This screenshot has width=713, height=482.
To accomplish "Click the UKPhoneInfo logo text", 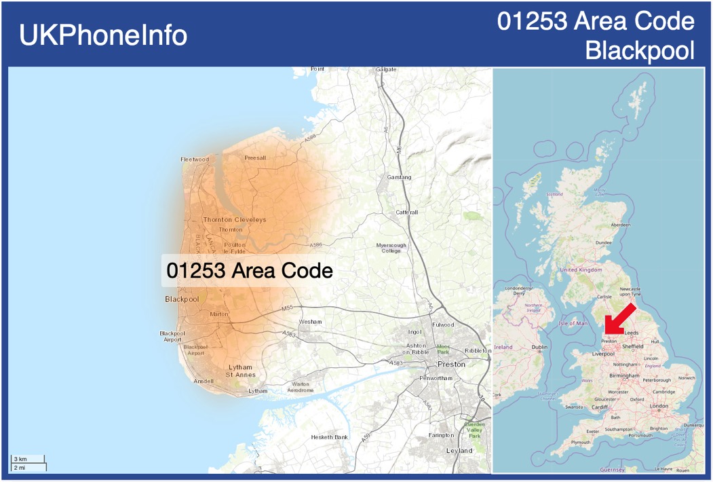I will pyautogui.click(x=103, y=35).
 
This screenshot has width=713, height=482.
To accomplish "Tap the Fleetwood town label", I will pyautogui.click(x=195, y=160).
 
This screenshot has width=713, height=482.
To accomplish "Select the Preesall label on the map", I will pyautogui.click(x=255, y=157).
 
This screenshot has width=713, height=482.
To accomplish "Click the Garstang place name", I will pyautogui.click(x=399, y=177).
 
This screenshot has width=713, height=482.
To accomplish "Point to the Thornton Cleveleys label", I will pyautogui.click(x=235, y=220).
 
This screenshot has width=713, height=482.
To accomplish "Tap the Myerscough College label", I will pyautogui.click(x=391, y=248).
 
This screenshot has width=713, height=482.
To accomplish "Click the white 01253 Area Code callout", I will pyautogui.click(x=250, y=271).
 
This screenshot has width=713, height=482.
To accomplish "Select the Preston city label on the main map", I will pyautogui.click(x=452, y=364).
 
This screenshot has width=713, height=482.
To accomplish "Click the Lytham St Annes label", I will pyautogui.click(x=240, y=371).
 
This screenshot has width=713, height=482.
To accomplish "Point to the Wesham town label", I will pyautogui.click(x=310, y=321).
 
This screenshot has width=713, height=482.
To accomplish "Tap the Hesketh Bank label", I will pyautogui.click(x=329, y=437).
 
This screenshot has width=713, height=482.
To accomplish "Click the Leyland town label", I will pyautogui.click(x=459, y=451).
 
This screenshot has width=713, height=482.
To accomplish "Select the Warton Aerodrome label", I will pyautogui.click(x=301, y=388).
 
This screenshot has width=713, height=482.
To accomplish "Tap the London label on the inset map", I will pyautogui.click(x=659, y=406).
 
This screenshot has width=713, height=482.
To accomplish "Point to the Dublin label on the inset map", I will pyautogui.click(x=539, y=347).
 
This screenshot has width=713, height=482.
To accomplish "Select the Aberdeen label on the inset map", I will pyautogui.click(x=620, y=225).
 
